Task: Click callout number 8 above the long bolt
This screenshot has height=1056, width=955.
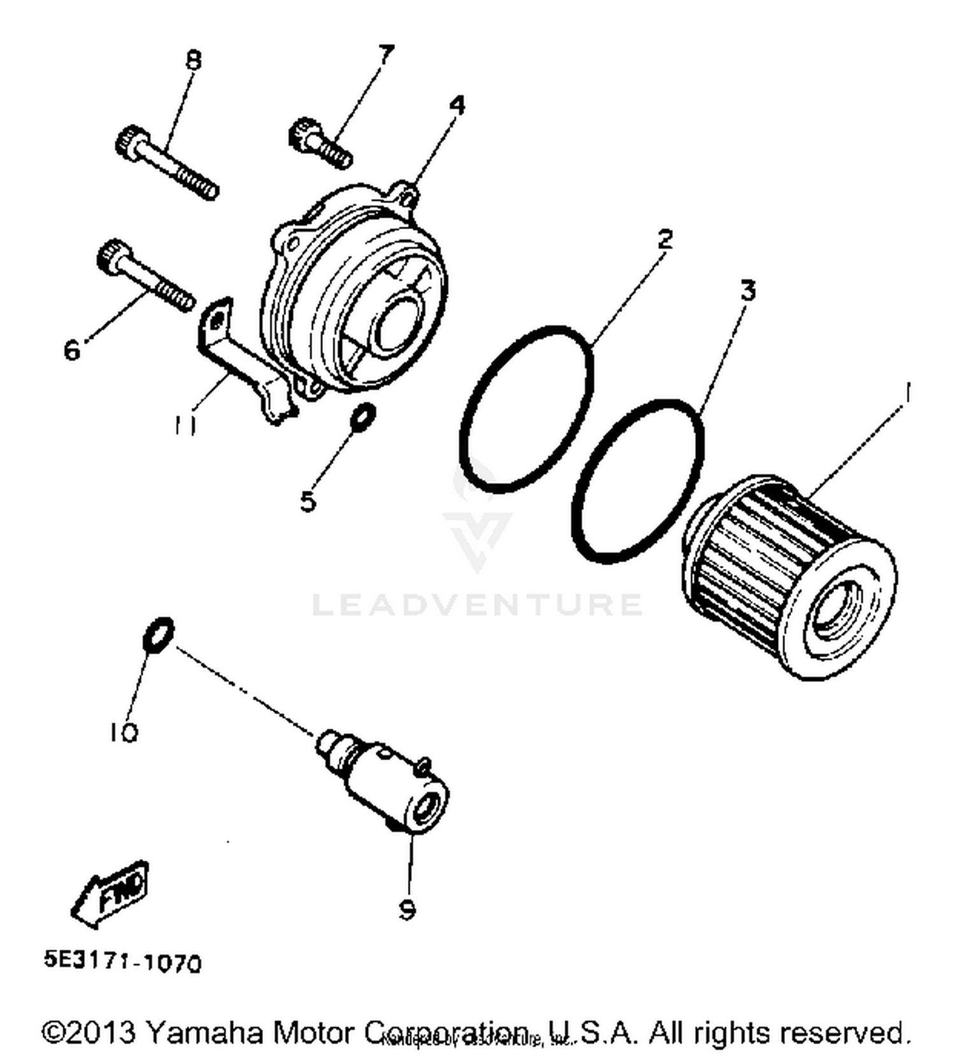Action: pyautogui.click(x=193, y=60)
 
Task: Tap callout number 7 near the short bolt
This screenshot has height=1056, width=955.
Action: pyautogui.click(x=386, y=54)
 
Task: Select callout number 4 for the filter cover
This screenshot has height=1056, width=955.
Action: pyautogui.click(x=456, y=105)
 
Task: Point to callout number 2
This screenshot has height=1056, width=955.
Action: pyautogui.click(x=664, y=239)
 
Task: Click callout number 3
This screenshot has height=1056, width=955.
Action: pyautogui.click(x=748, y=291)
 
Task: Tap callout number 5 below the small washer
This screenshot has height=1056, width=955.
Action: pyautogui.click(x=308, y=501)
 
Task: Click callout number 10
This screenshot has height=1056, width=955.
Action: pyautogui.click(x=123, y=733)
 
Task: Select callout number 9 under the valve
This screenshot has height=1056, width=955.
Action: pyautogui.click(x=406, y=910)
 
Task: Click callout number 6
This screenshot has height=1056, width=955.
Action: pyautogui.click(x=73, y=349)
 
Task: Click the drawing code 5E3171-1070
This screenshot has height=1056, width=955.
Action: pyautogui.click(x=122, y=962)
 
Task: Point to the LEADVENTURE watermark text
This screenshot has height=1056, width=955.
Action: pyautogui.click(x=476, y=604)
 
